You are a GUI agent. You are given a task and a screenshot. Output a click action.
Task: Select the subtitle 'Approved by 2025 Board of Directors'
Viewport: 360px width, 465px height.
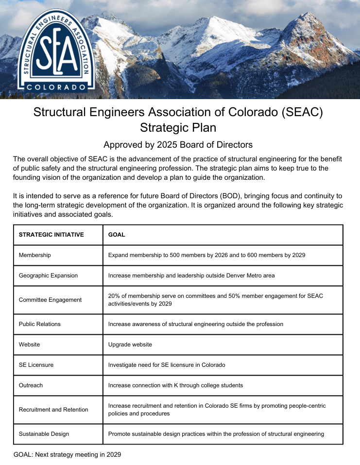pyautogui.click(x=178, y=145)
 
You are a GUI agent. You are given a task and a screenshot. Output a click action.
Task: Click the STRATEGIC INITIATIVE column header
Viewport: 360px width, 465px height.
pyautogui.click(x=51, y=235)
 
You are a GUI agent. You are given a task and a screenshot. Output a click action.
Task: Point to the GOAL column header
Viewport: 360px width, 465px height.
pyautogui.click(x=117, y=235)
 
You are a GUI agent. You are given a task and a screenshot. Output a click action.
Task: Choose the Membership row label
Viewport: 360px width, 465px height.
pyautogui.click(x=35, y=255)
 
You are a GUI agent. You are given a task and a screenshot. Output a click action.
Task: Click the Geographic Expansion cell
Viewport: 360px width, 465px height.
pyautogui.click(x=49, y=276)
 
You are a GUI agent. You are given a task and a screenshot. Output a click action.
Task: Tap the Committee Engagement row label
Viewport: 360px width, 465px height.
pyautogui.click(x=51, y=300)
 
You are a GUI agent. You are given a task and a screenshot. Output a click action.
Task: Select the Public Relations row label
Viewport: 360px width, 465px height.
pyautogui.click(x=40, y=324)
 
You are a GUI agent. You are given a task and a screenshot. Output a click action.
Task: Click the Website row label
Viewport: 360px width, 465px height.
pyautogui.click(x=30, y=344)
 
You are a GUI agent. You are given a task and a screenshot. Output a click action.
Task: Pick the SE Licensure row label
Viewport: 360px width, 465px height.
pyautogui.click(x=36, y=365)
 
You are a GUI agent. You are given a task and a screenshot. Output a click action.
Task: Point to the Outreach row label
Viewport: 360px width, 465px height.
pyautogui.click(x=31, y=385)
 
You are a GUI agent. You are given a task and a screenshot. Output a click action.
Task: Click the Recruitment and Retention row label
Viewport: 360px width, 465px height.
pyautogui.click(x=54, y=410)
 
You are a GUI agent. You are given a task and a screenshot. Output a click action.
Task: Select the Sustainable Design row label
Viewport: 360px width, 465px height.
pyautogui.click(x=44, y=434)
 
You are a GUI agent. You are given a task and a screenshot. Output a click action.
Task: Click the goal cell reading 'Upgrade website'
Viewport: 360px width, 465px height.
pyautogui.click(x=130, y=344)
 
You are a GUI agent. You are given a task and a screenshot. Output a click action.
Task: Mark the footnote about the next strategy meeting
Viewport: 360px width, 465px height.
pyautogui.click(x=68, y=455)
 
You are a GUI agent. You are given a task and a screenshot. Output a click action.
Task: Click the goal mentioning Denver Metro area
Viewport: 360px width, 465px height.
pyautogui.click(x=191, y=276)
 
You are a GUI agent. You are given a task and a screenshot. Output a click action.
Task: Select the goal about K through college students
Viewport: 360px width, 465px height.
pyautogui.click(x=175, y=385)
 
